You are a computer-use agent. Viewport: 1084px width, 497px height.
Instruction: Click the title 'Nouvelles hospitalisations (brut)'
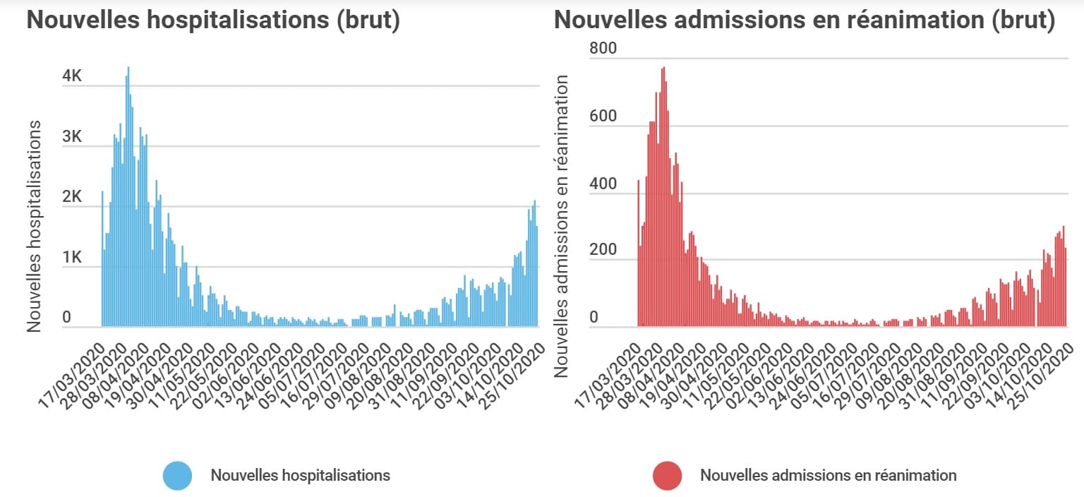tap(213, 20)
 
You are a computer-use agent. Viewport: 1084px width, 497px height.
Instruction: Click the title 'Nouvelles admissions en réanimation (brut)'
tap(805, 20)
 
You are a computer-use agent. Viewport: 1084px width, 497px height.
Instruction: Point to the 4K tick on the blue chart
tap(72, 76)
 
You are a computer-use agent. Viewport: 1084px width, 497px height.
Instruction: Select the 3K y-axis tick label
tap(72, 137)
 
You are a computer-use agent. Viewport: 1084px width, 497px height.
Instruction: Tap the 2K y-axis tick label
tap(72, 198)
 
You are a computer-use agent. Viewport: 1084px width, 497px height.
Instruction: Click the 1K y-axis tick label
tap(72, 258)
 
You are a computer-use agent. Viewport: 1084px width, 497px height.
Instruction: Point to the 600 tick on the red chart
tap(603, 116)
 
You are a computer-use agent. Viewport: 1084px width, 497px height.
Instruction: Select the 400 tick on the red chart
tap(603, 184)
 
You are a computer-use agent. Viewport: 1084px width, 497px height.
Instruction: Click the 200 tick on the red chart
tap(603, 251)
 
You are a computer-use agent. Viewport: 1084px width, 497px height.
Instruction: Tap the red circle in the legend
tap(667, 475)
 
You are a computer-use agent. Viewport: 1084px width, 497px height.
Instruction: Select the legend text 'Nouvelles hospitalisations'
tap(300, 475)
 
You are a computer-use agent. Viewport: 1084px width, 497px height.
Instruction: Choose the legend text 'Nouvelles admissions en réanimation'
tap(829, 475)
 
